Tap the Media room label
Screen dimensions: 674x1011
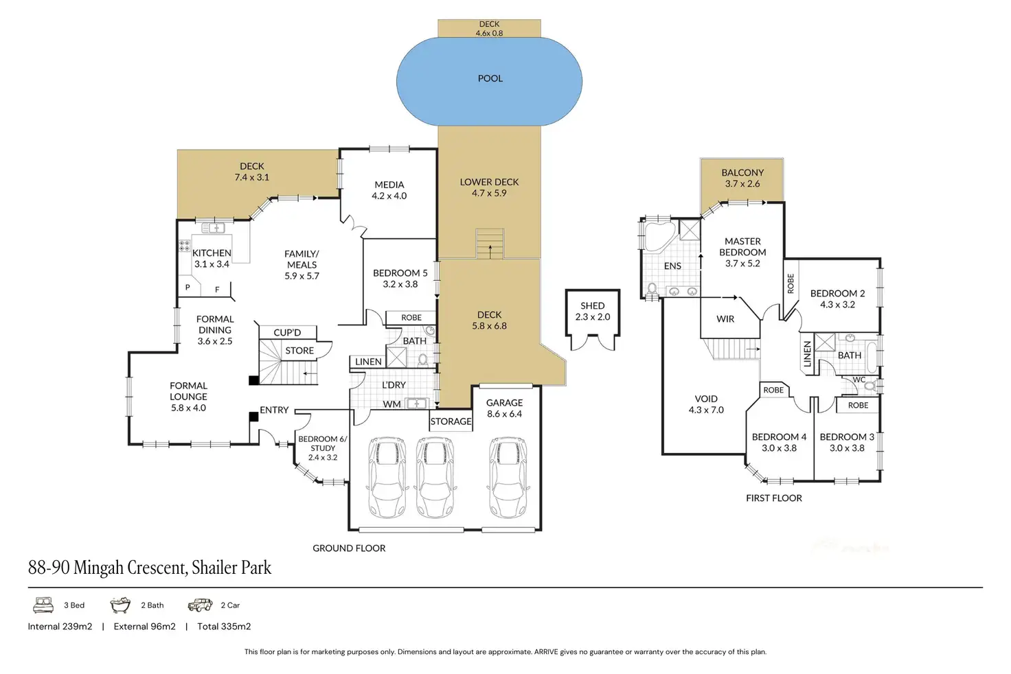(x=389, y=190)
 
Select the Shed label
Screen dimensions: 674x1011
(x=592, y=311)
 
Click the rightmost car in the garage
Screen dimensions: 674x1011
(x=508, y=478)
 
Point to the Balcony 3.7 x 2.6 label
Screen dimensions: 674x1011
(x=742, y=178)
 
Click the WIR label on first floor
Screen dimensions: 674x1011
(x=725, y=319)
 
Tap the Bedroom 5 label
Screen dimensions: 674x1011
(x=400, y=278)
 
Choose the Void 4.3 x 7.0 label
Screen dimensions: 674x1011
(x=706, y=404)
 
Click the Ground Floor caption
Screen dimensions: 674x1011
(x=349, y=548)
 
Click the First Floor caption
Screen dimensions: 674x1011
(x=774, y=498)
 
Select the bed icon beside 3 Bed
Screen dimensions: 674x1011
(x=43, y=605)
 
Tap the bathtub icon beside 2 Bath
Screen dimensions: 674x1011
(x=120, y=605)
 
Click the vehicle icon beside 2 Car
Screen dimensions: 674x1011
(x=200, y=605)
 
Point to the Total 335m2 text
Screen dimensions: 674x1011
(x=224, y=627)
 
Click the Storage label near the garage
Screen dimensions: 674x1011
(x=451, y=421)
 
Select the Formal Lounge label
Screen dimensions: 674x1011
(x=188, y=397)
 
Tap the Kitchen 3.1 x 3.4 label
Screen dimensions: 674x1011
(x=212, y=258)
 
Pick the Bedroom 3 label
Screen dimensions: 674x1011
(x=847, y=442)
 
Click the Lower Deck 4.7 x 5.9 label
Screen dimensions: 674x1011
(x=489, y=187)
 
